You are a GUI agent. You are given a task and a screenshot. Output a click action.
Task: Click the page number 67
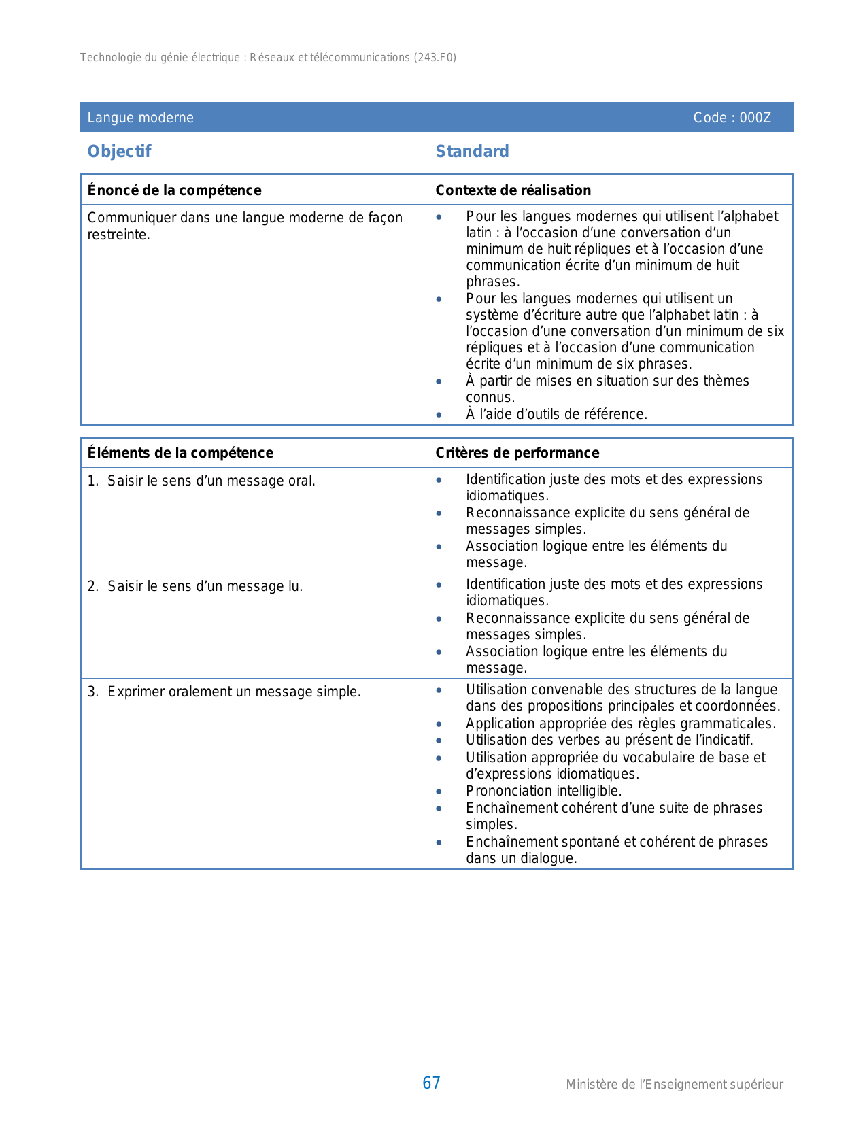click(431, 1083)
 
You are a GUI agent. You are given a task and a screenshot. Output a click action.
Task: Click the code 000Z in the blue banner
click(755, 118)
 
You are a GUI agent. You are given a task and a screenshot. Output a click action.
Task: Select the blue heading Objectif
click(119, 152)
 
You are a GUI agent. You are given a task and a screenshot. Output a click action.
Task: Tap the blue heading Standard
click(472, 152)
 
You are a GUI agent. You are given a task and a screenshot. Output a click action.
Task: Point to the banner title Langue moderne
click(140, 118)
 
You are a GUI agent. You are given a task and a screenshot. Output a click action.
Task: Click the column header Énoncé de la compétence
click(174, 190)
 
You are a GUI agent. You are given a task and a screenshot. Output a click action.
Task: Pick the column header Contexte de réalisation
click(513, 190)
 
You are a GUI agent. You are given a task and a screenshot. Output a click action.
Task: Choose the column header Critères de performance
click(517, 453)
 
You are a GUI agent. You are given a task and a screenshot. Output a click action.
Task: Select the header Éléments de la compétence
click(180, 453)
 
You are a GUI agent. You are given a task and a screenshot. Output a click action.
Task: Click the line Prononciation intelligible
click(543, 791)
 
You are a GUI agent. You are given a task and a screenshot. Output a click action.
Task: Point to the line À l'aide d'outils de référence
click(556, 414)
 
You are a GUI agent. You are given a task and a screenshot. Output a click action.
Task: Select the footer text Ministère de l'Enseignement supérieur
click(674, 1085)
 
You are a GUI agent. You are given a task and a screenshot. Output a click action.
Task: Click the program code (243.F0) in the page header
click(435, 58)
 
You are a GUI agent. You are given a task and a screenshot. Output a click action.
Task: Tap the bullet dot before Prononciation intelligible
click(439, 792)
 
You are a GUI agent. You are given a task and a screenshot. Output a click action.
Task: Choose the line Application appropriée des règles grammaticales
click(620, 724)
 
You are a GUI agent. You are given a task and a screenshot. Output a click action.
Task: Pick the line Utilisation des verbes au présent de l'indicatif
click(609, 740)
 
